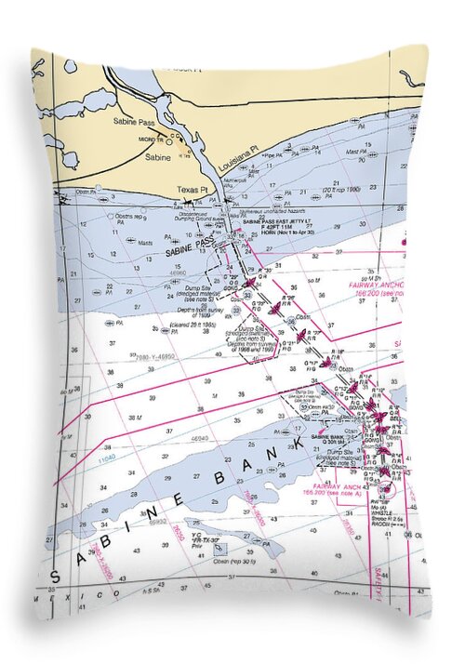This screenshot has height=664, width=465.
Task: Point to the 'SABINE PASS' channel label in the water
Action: pos(190,247)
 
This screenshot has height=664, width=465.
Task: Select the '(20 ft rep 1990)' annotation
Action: pos(339,190)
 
